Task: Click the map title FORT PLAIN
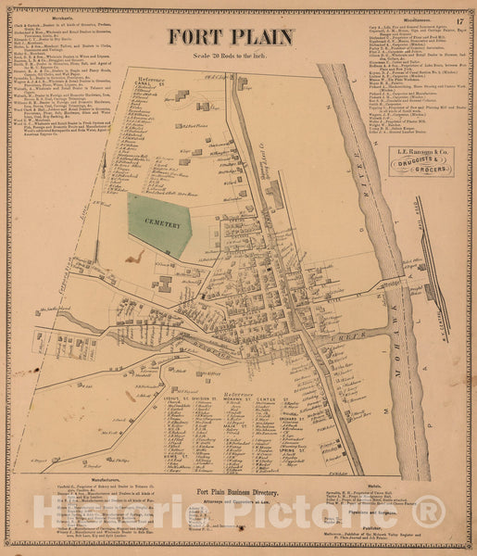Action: pyautogui.click(x=232, y=38)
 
